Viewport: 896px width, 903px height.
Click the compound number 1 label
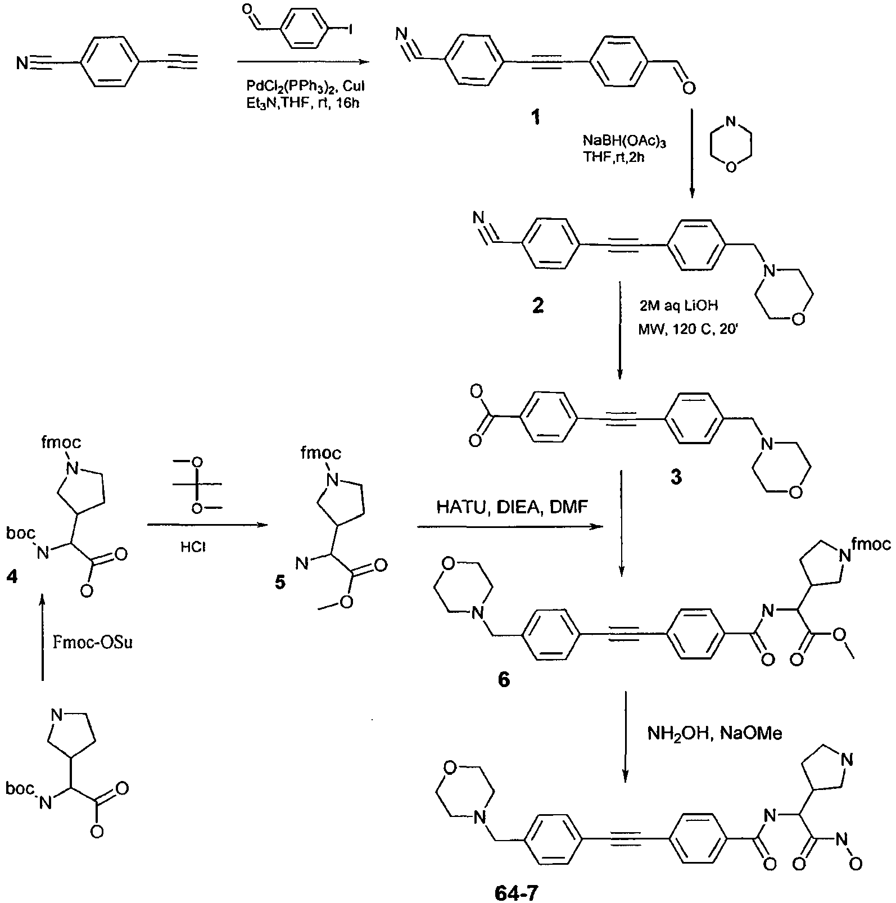click(x=536, y=118)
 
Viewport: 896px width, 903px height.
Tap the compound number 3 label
click(x=676, y=477)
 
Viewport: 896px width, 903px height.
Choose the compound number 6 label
click(x=504, y=680)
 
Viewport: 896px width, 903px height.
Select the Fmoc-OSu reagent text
click(x=93, y=643)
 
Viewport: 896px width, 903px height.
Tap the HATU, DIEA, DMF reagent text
click(x=512, y=507)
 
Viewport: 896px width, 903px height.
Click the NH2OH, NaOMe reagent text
click(x=714, y=733)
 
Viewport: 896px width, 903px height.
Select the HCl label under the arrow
click(x=193, y=547)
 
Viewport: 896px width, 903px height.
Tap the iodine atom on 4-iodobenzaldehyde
click(x=350, y=29)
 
